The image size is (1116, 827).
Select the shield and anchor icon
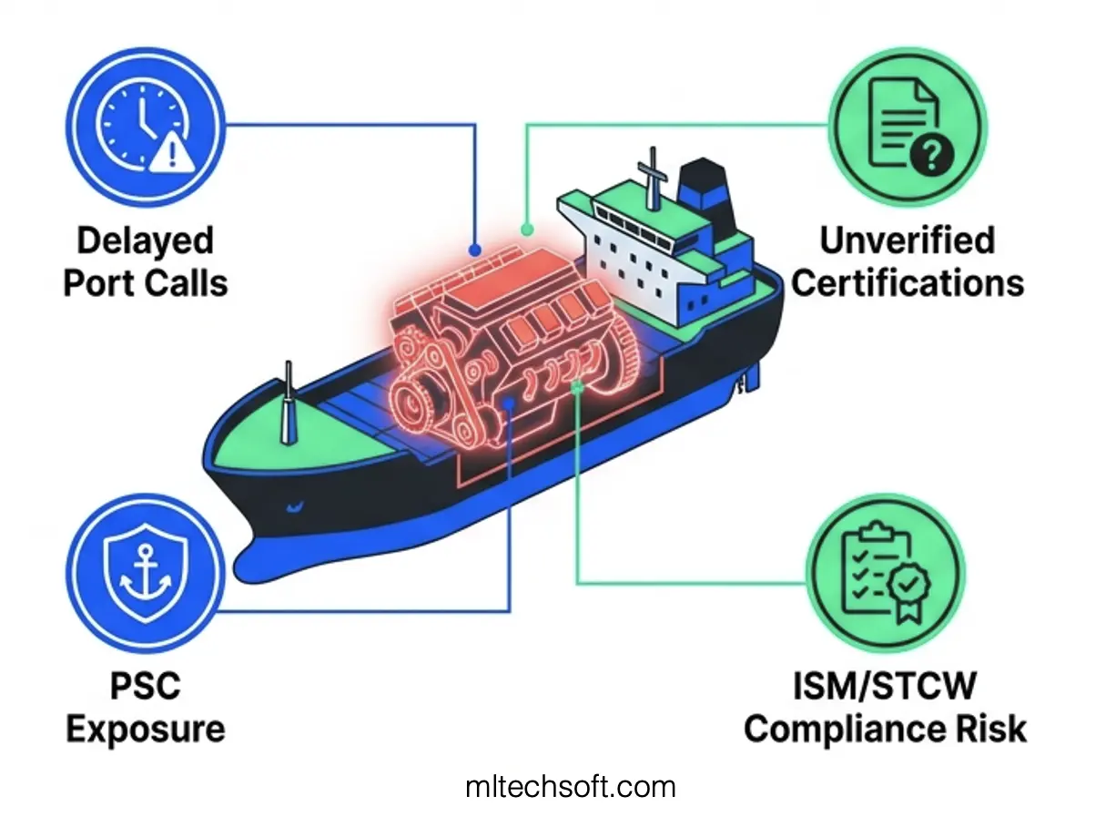(x=147, y=573)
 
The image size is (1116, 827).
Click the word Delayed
(x=145, y=241)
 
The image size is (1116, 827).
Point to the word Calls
(x=185, y=283)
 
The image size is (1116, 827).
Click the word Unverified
(x=907, y=241)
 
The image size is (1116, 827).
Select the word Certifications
(x=907, y=283)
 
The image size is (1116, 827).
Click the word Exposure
(x=146, y=729)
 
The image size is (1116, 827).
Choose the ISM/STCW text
(x=884, y=686)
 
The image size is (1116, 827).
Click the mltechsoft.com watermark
(x=571, y=786)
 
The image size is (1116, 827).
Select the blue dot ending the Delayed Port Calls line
(x=474, y=249)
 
